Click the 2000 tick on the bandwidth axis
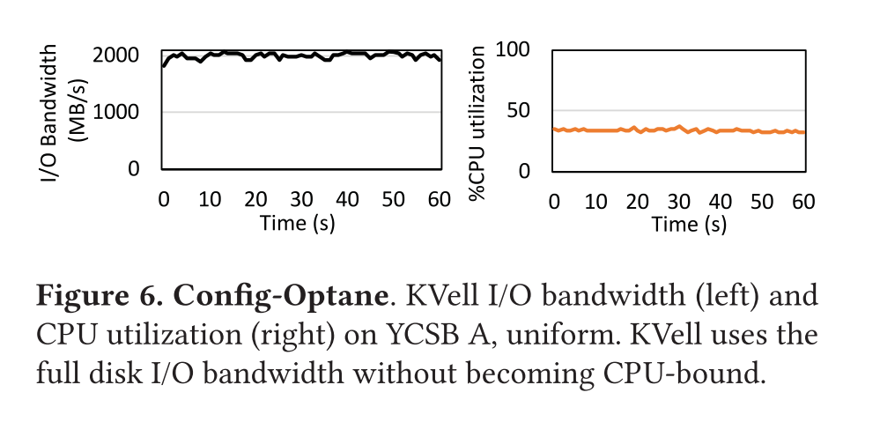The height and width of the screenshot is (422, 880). [x=115, y=56]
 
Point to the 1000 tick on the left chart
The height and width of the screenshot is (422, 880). [x=115, y=112]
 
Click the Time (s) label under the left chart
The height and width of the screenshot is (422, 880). [x=297, y=223]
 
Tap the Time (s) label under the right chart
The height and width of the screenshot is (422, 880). [x=689, y=225]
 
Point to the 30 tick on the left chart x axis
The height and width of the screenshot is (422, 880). [x=301, y=199]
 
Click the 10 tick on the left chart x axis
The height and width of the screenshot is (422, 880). [x=210, y=199]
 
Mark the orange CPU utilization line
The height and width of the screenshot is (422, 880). [x=678, y=130]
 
